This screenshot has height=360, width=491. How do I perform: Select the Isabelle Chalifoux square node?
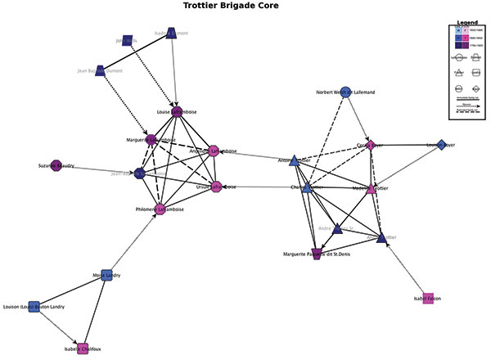click(x=82, y=348)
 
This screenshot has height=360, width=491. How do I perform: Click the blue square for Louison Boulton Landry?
click(x=34, y=306)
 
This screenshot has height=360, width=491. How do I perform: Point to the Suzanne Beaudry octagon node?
click(x=56, y=165)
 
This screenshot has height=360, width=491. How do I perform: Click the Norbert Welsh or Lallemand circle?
click(x=345, y=92)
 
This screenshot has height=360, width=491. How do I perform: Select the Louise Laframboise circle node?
click(x=176, y=112)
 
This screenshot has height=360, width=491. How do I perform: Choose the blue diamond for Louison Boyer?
click(x=442, y=145)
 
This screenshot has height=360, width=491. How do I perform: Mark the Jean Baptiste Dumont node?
click(x=100, y=71)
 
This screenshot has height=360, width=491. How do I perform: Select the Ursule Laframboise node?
click(x=217, y=187)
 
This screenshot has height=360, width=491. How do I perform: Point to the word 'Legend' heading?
click(x=466, y=21)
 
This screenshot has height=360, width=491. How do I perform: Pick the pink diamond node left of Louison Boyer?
click(x=371, y=145)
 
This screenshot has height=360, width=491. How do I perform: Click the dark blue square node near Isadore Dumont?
click(x=127, y=40)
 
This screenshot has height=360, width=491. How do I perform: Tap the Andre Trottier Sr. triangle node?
click(x=337, y=229)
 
